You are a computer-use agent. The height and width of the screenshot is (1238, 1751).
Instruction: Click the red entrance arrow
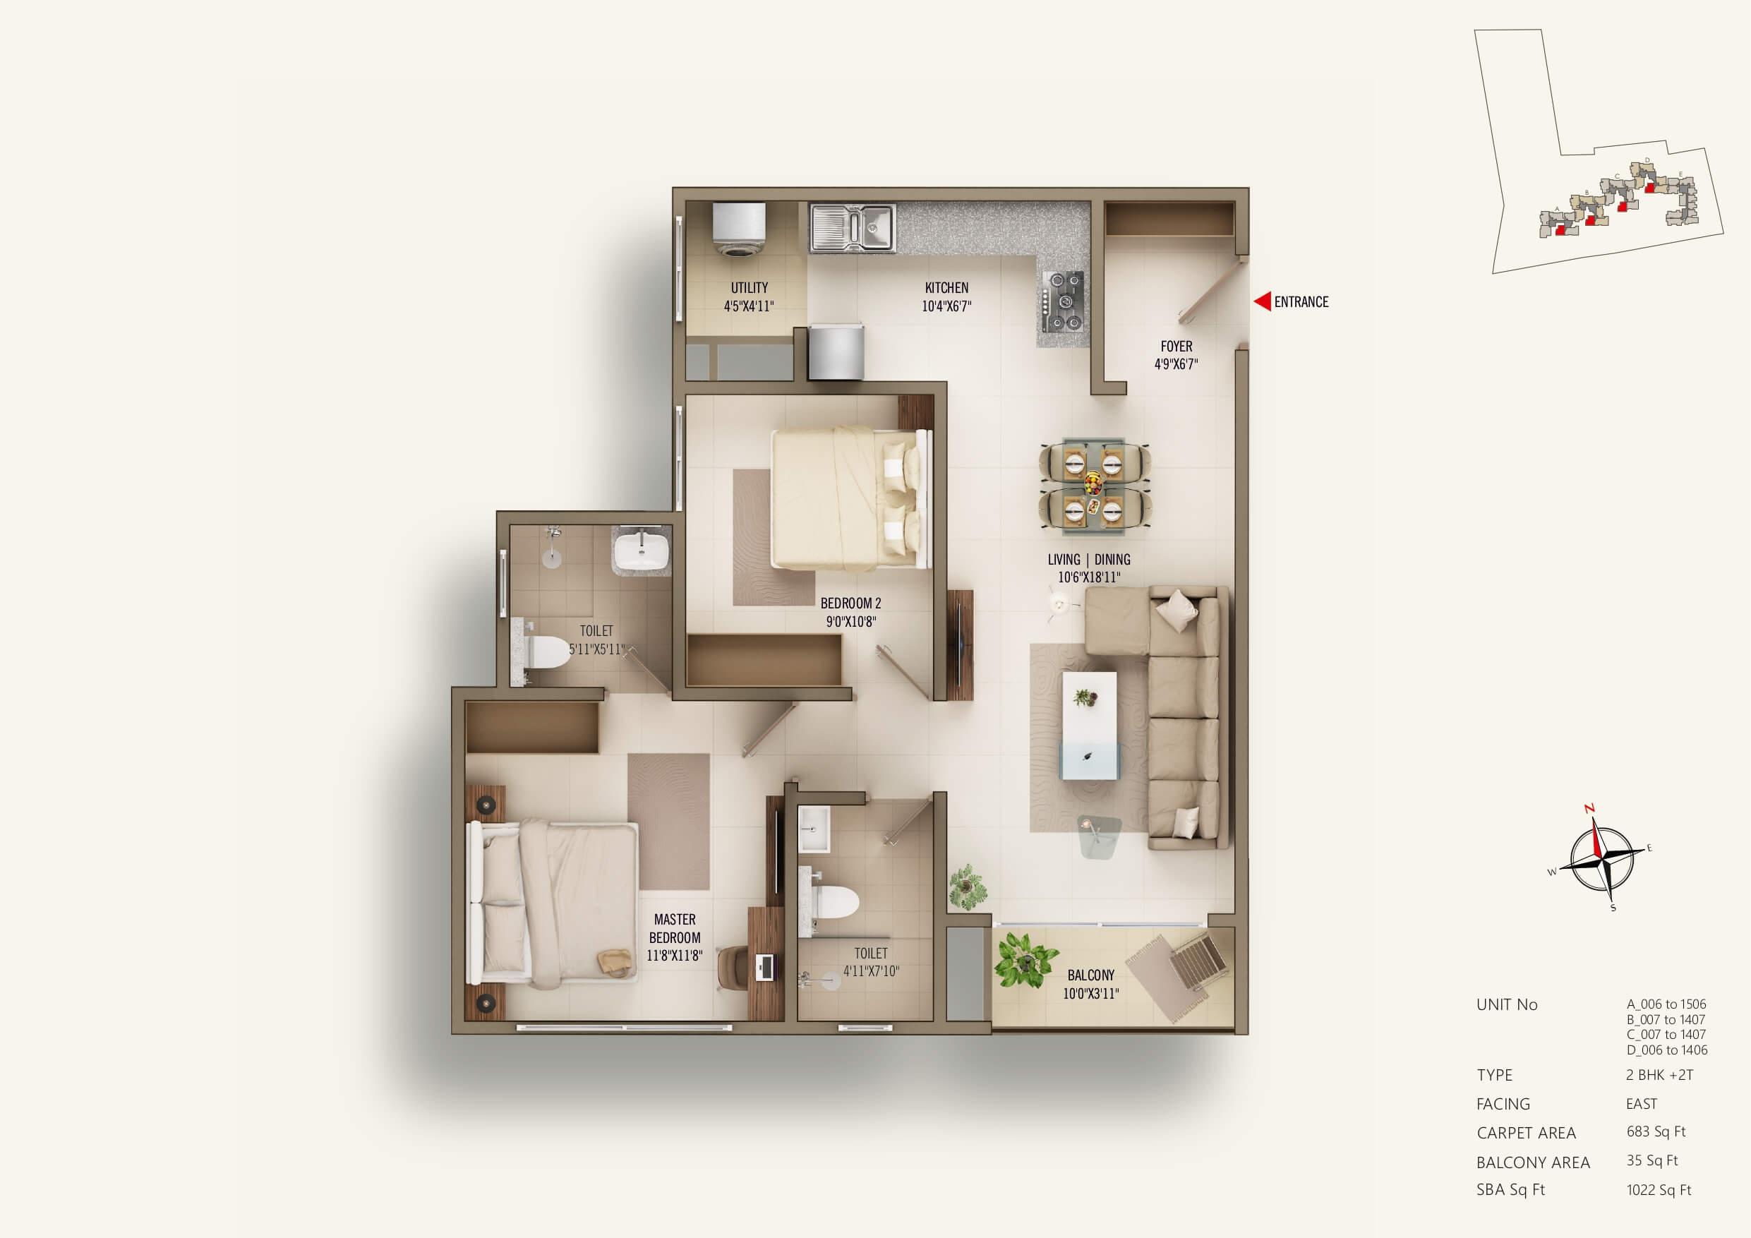pos(1262,301)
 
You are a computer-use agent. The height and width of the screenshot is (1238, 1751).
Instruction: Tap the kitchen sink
pos(852,227)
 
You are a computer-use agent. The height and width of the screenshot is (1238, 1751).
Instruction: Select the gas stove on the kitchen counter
pos(1063,302)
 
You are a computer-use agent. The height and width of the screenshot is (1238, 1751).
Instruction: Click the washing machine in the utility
pos(738,229)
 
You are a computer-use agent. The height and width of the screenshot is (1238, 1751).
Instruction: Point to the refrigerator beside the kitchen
pos(836,351)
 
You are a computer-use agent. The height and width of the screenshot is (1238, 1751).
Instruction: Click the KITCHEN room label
pos(946,287)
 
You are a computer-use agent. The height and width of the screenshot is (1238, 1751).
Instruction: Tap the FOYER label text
pos(1176,347)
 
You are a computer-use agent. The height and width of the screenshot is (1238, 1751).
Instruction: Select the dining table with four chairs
pos(1094,484)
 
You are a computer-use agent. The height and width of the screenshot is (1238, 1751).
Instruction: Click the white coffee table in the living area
pos(1090,725)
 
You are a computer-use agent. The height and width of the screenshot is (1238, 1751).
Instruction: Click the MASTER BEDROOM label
pos(674,937)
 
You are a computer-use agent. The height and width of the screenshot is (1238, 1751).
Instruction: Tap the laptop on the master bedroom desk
pos(764,967)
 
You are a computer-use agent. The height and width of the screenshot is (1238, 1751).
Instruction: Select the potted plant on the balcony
pos(1024,960)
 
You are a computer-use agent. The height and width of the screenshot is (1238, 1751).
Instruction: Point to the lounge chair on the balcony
pos(1178,974)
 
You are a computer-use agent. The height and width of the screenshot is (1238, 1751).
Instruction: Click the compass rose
pos(1601,858)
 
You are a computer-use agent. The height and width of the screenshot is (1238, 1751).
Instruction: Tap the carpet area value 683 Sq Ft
pos(1656,1132)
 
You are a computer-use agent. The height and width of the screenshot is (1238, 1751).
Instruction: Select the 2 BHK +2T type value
pos(1659,1075)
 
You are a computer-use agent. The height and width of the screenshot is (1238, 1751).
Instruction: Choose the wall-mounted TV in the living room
pos(958,645)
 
